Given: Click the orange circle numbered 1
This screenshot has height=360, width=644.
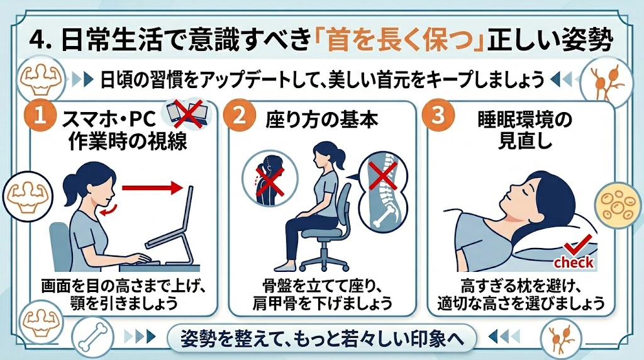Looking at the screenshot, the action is [40, 116].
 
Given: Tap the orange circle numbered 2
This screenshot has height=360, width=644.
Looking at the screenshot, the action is [239, 115].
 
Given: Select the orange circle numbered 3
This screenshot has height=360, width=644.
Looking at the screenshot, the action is [438, 115].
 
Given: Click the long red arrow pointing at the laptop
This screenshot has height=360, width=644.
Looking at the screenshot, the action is [152, 188].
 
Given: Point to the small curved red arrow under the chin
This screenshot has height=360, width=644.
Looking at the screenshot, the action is [109, 209].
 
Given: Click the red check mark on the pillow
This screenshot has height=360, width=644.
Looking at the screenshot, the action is [577, 245].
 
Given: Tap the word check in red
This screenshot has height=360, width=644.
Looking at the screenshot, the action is [574, 262].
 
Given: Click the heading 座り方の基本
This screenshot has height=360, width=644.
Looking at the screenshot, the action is [322, 120].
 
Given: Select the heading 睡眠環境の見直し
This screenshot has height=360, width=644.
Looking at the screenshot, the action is [525, 131].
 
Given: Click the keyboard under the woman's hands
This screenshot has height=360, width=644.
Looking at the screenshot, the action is [140, 262].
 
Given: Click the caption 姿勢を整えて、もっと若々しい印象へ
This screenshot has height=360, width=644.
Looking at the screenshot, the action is [323, 339].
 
